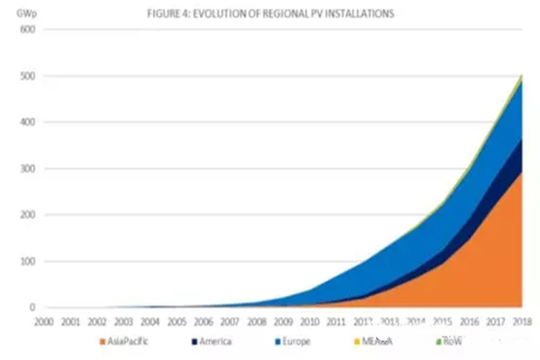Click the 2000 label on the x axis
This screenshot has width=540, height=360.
pos(45,320)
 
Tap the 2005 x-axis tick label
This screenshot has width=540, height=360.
pos(177,320)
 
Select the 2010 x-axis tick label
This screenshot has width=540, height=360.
pos(310,320)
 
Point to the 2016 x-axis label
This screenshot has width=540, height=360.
pos(469,320)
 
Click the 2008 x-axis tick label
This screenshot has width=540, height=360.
pos(256,320)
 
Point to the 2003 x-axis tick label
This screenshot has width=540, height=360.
pos(124,320)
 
